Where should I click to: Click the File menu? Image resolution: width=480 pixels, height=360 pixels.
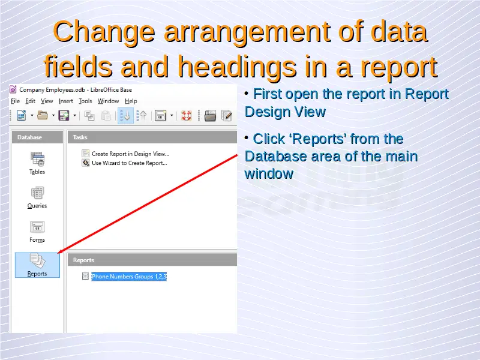click(x=16, y=101)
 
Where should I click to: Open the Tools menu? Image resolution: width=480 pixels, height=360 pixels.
click(x=85, y=101)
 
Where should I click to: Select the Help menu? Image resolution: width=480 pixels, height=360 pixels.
click(x=131, y=101)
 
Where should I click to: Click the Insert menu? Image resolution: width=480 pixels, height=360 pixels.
click(x=66, y=101)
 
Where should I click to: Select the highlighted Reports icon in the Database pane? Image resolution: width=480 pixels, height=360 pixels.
click(x=37, y=265)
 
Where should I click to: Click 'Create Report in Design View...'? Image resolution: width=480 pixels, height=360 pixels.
click(x=130, y=154)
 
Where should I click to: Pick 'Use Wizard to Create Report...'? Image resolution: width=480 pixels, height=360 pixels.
click(x=129, y=163)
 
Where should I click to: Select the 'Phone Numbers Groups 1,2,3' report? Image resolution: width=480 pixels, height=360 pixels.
click(x=129, y=277)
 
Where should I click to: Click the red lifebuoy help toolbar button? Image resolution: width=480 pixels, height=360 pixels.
click(x=187, y=115)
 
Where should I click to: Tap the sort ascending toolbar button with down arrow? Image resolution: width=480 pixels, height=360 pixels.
click(x=125, y=115)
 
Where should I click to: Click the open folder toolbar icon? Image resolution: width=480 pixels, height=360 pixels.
click(x=43, y=115)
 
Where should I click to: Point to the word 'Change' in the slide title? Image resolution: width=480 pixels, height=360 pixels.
click(x=104, y=32)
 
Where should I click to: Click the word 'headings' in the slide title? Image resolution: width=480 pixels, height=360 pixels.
click(x=238, y=67)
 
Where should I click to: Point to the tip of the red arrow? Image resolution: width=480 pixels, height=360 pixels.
click(x=58, y=253)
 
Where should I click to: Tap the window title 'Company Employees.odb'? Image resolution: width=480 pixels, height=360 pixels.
click(x=52, y=89)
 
